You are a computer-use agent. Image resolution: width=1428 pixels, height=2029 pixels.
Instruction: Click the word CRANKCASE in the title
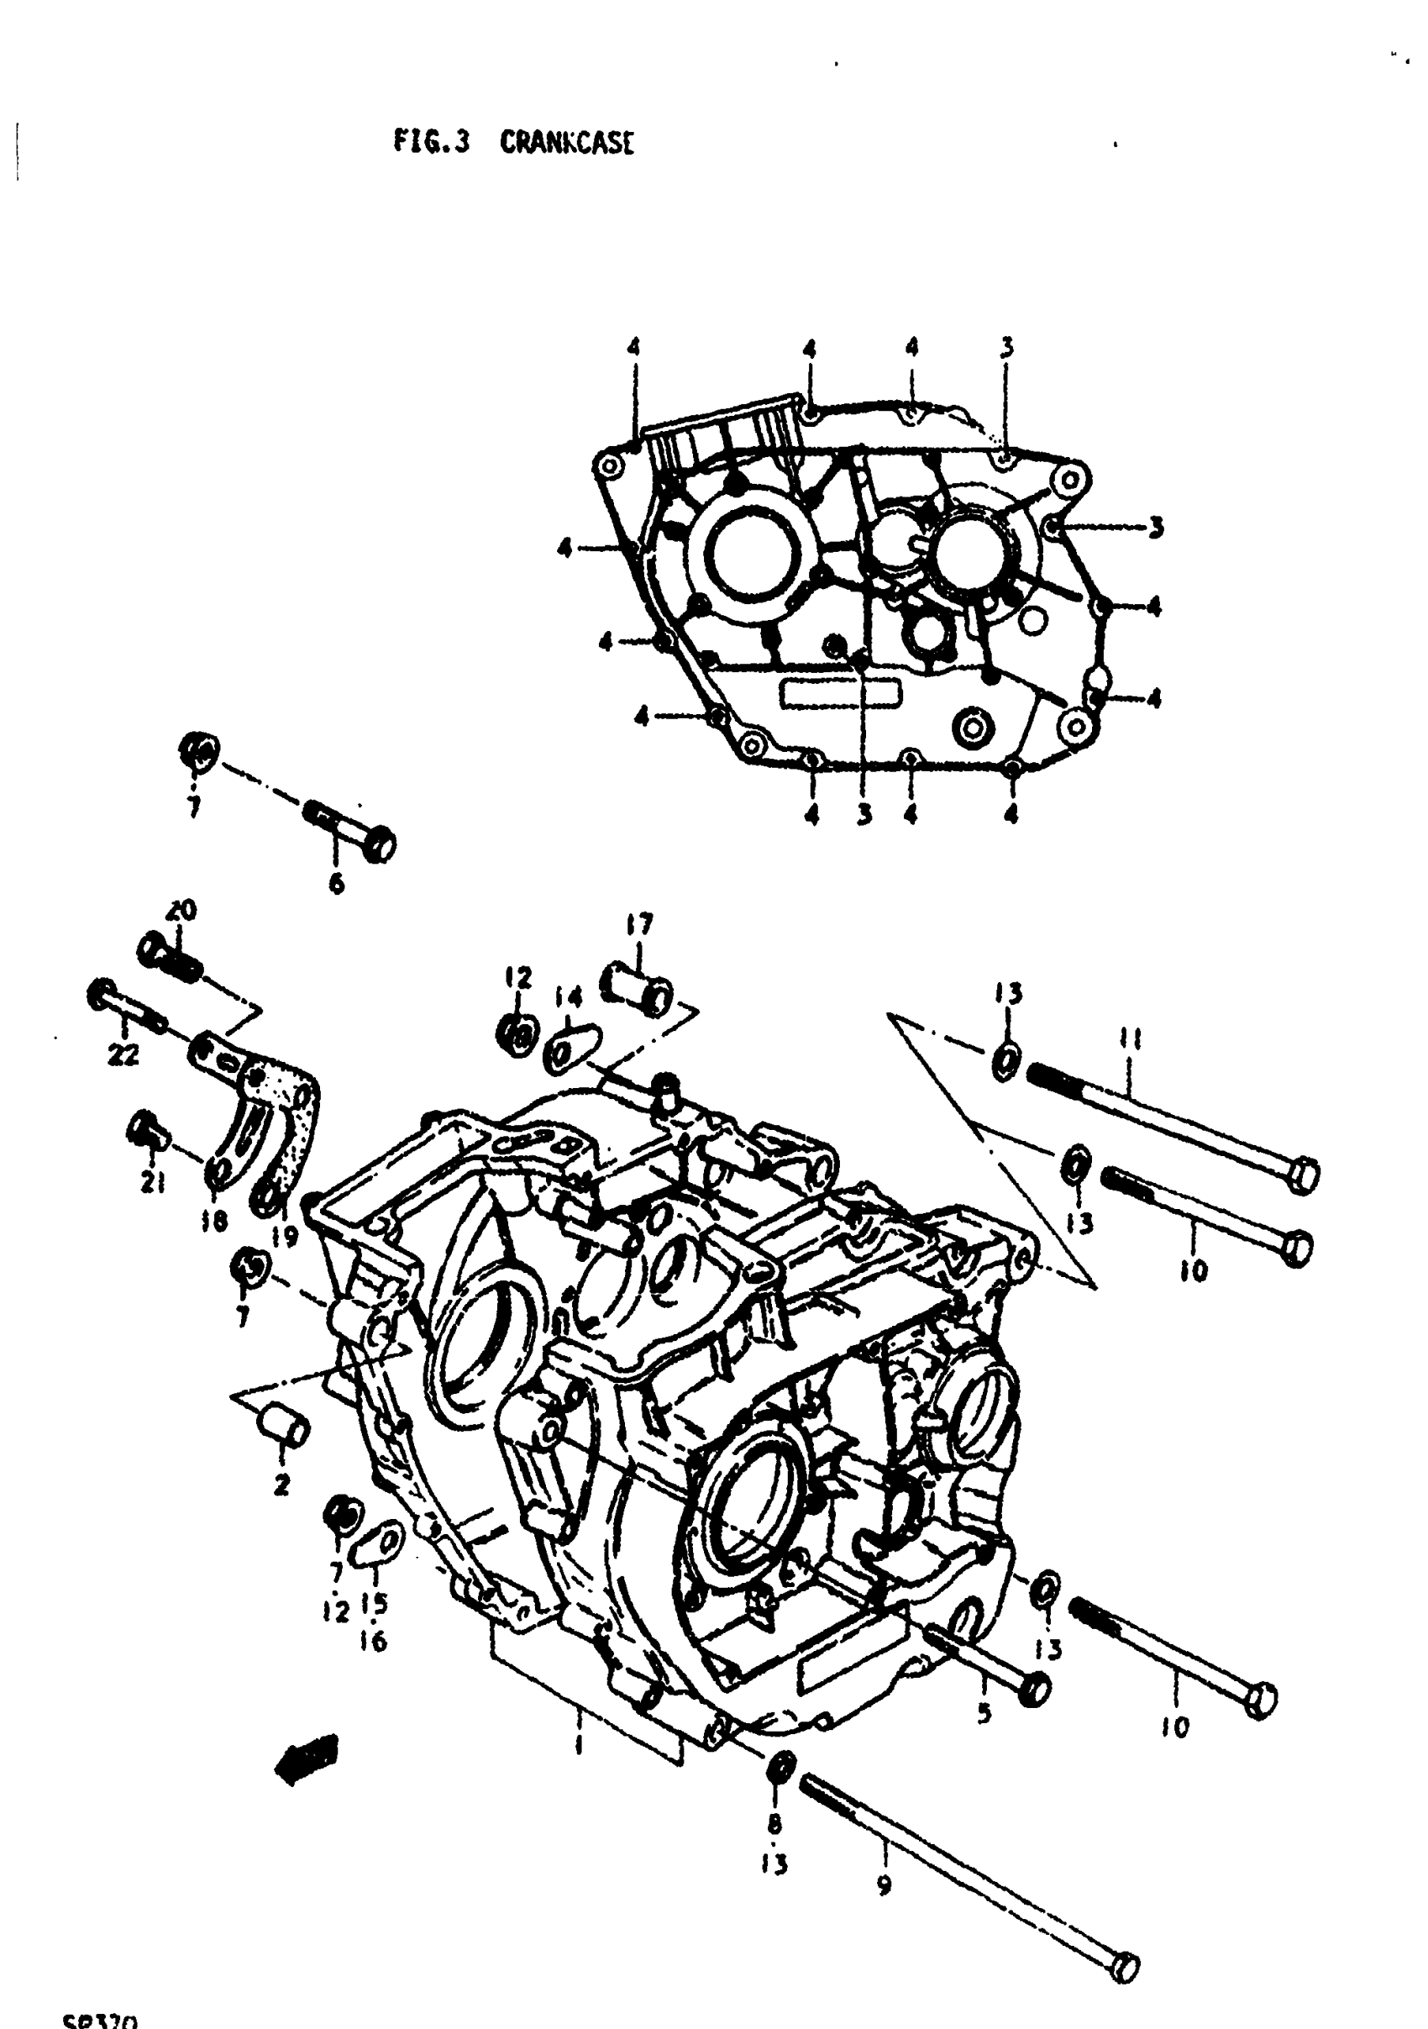tap(566, 142)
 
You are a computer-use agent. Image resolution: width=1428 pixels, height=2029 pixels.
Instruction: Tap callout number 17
tap(639, 925)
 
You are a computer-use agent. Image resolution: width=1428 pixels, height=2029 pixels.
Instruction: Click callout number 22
tap(123, 1054)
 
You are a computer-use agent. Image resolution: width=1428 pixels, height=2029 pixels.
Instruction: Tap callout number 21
tap(153, 1182)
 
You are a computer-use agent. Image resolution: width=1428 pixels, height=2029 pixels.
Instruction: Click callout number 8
tap(775, 1823)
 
